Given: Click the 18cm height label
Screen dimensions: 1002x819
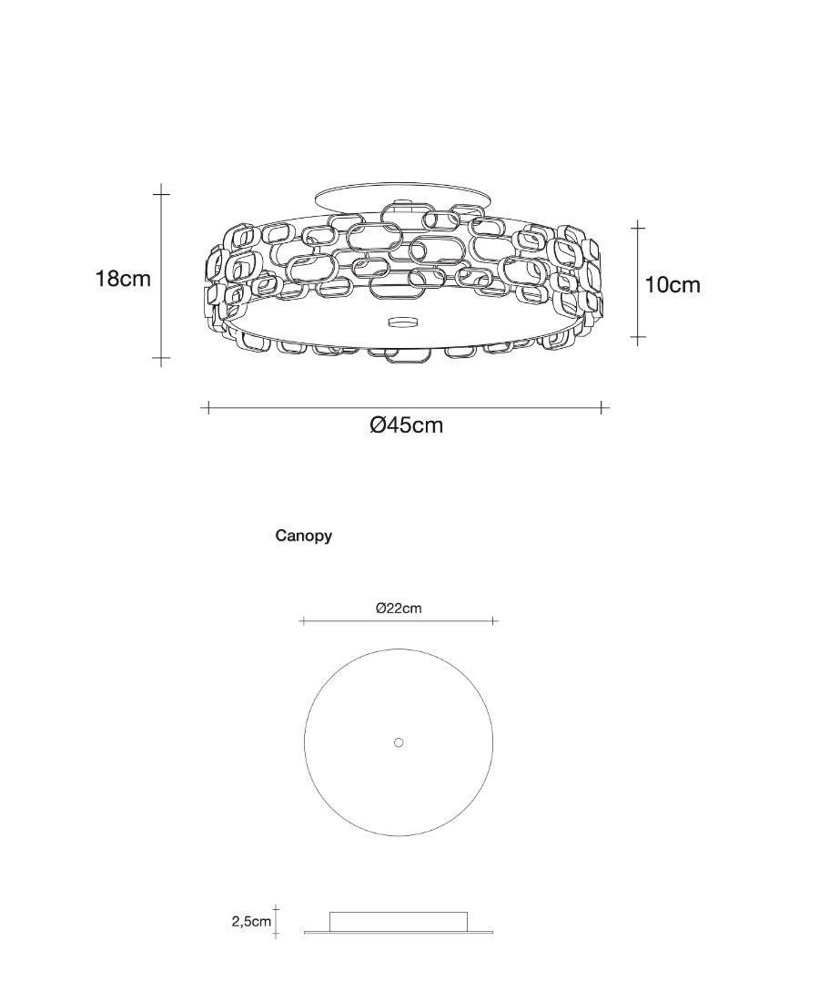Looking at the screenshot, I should point(123,279).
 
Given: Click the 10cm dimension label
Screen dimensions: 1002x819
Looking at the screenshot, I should point(672,284).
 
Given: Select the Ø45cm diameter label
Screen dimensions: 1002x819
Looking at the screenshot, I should point(406,424).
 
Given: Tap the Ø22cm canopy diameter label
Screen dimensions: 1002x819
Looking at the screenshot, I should point(399,608).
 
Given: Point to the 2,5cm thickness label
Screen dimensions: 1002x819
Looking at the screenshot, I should point(251,922).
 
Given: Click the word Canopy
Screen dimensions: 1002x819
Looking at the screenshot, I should point(303,536).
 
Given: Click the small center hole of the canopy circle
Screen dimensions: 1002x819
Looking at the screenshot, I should point(399,742).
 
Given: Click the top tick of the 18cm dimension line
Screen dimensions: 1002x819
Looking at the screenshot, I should point(161,194).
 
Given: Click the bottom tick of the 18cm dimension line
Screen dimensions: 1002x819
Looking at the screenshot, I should point(161,360).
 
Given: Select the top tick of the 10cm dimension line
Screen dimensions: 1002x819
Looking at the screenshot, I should point(638,227).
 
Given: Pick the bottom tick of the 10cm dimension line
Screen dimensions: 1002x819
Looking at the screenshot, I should point(638,338).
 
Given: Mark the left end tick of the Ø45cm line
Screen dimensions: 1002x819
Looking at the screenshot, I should point(207,407).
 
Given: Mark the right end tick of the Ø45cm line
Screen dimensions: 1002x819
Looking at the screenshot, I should point(602,407).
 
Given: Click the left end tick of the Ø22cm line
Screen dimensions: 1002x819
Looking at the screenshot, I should point(301,621).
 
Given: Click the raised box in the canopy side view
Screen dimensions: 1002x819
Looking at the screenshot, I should point(399,920).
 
